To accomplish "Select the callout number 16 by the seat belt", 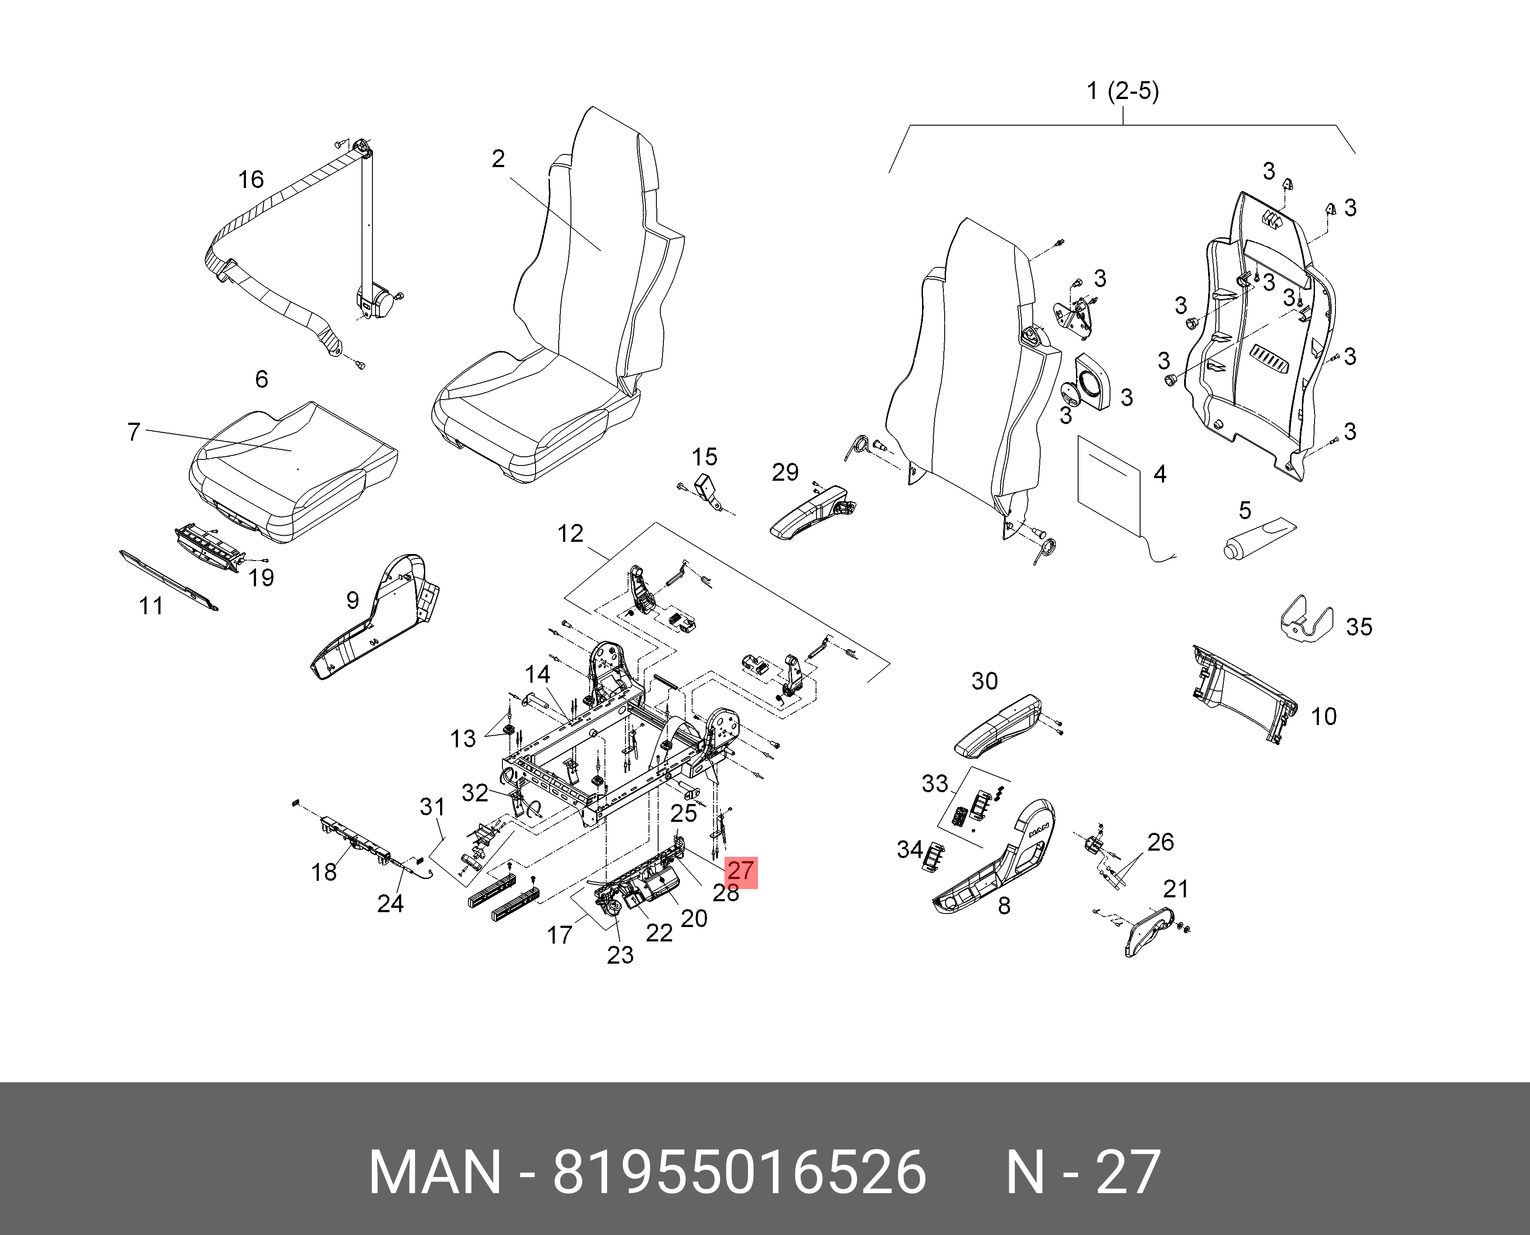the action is pos(250,179).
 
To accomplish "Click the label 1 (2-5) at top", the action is pos(1123,91).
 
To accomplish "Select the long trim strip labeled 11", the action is pos(169,580).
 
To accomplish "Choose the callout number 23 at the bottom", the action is pos(619,954).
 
